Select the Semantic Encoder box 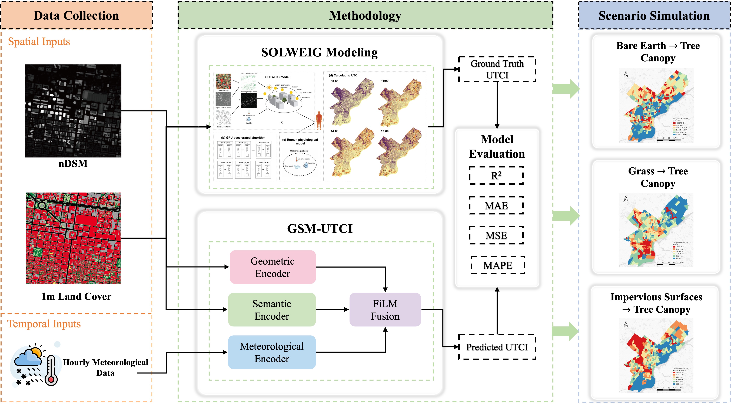pyautogui.click(x=272, y=309)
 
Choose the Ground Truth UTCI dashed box pyautogui.click(x=497, y=69)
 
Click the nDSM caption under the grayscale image pyautogui.click(x=73, y=163)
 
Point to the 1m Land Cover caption pyautogui.click(x=76, y=296)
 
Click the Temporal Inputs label pyautogui.click(x=44, y=324)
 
